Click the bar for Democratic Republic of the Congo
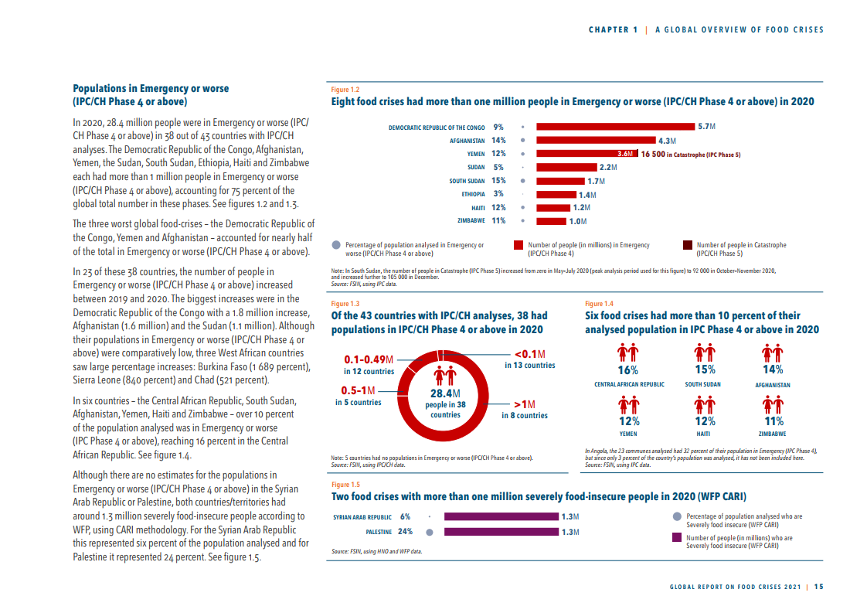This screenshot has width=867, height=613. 615,126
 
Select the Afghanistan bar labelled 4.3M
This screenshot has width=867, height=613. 595,141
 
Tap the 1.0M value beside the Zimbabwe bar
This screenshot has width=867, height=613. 577,221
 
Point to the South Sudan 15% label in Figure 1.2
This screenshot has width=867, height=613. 498,181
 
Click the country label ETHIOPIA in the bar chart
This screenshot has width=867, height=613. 473,194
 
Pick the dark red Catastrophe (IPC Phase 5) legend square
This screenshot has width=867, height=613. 688,246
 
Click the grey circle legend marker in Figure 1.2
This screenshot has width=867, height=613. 336,245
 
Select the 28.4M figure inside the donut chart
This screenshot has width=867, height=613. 445,393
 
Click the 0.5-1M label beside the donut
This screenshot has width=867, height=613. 358,390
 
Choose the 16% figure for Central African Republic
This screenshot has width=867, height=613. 627,370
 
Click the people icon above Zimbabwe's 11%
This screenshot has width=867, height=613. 773,405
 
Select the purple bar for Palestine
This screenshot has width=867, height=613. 501,532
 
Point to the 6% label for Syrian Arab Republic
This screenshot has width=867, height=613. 405,516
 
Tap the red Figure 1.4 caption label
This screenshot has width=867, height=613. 599,304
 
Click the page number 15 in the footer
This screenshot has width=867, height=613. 818,586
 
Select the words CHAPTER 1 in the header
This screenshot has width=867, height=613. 613,30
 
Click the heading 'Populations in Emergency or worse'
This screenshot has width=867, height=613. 151,89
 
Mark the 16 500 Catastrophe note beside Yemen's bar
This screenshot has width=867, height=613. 691,155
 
